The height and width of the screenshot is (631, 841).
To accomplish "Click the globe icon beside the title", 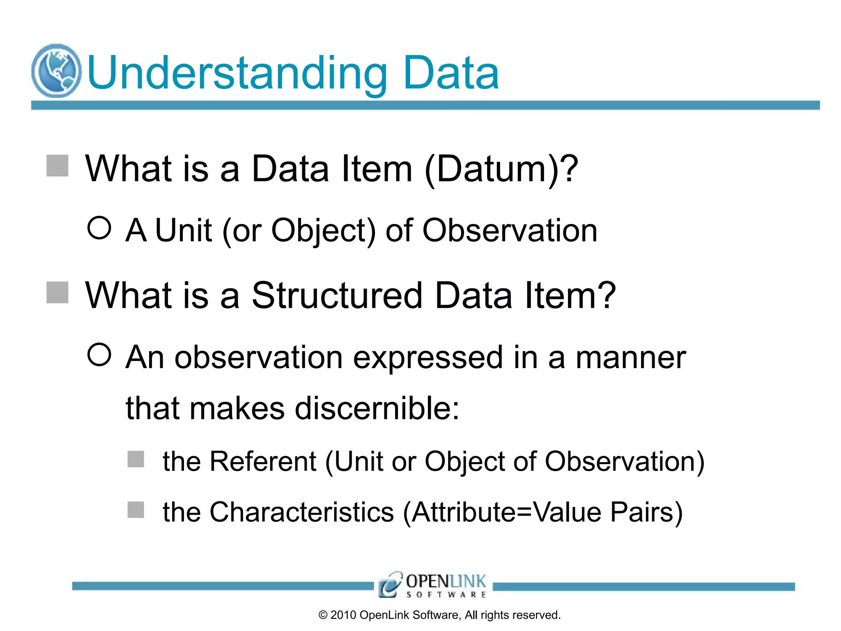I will click(56, 71).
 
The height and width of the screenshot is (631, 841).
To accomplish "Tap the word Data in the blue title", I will click(451, 74).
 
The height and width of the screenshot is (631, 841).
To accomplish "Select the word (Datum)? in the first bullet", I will click(501, 169).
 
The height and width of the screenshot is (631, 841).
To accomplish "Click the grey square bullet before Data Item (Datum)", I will click(57, 166).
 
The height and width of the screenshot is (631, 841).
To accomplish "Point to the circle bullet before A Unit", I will click(99, 228).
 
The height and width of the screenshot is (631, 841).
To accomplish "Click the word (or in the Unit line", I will click(241, 231).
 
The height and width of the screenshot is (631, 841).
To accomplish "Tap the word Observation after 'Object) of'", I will click(510, 231).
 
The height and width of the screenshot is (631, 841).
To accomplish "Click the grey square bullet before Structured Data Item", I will click(57, 292).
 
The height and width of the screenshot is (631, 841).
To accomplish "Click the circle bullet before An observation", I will click(99, 355).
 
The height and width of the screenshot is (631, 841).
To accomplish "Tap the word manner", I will click(631, 358).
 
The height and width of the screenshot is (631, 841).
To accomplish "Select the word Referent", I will click(263, 461).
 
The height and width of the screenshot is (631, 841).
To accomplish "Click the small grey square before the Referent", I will click(136, 459).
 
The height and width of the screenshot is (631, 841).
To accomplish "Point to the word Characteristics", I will click(302, 512).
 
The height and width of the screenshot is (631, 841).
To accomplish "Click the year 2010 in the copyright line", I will click(343, 615).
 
